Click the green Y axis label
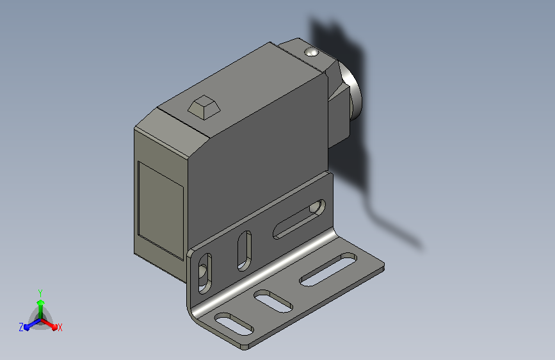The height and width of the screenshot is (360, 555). pyautogui.click(x=40, y=293)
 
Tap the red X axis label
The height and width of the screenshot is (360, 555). pyautogui.click(x=60, y=328)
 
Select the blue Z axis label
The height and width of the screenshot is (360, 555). pyautogui.click(x=21, y=327)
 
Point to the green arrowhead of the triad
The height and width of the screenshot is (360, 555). pyautogui.click(x=41, y=303)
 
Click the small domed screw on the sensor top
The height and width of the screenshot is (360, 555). pyautogui.click(x=312, y=52)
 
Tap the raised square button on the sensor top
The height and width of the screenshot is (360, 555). pyautogui.click(x=204, y=106)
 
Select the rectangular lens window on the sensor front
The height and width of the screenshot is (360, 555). pyautogui.click(x=161, y=211)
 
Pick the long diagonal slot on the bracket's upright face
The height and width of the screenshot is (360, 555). pyautogui.click(x=300, y=219)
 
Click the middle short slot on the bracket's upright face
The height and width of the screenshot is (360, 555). pyautogui.click(x=245, y=251)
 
